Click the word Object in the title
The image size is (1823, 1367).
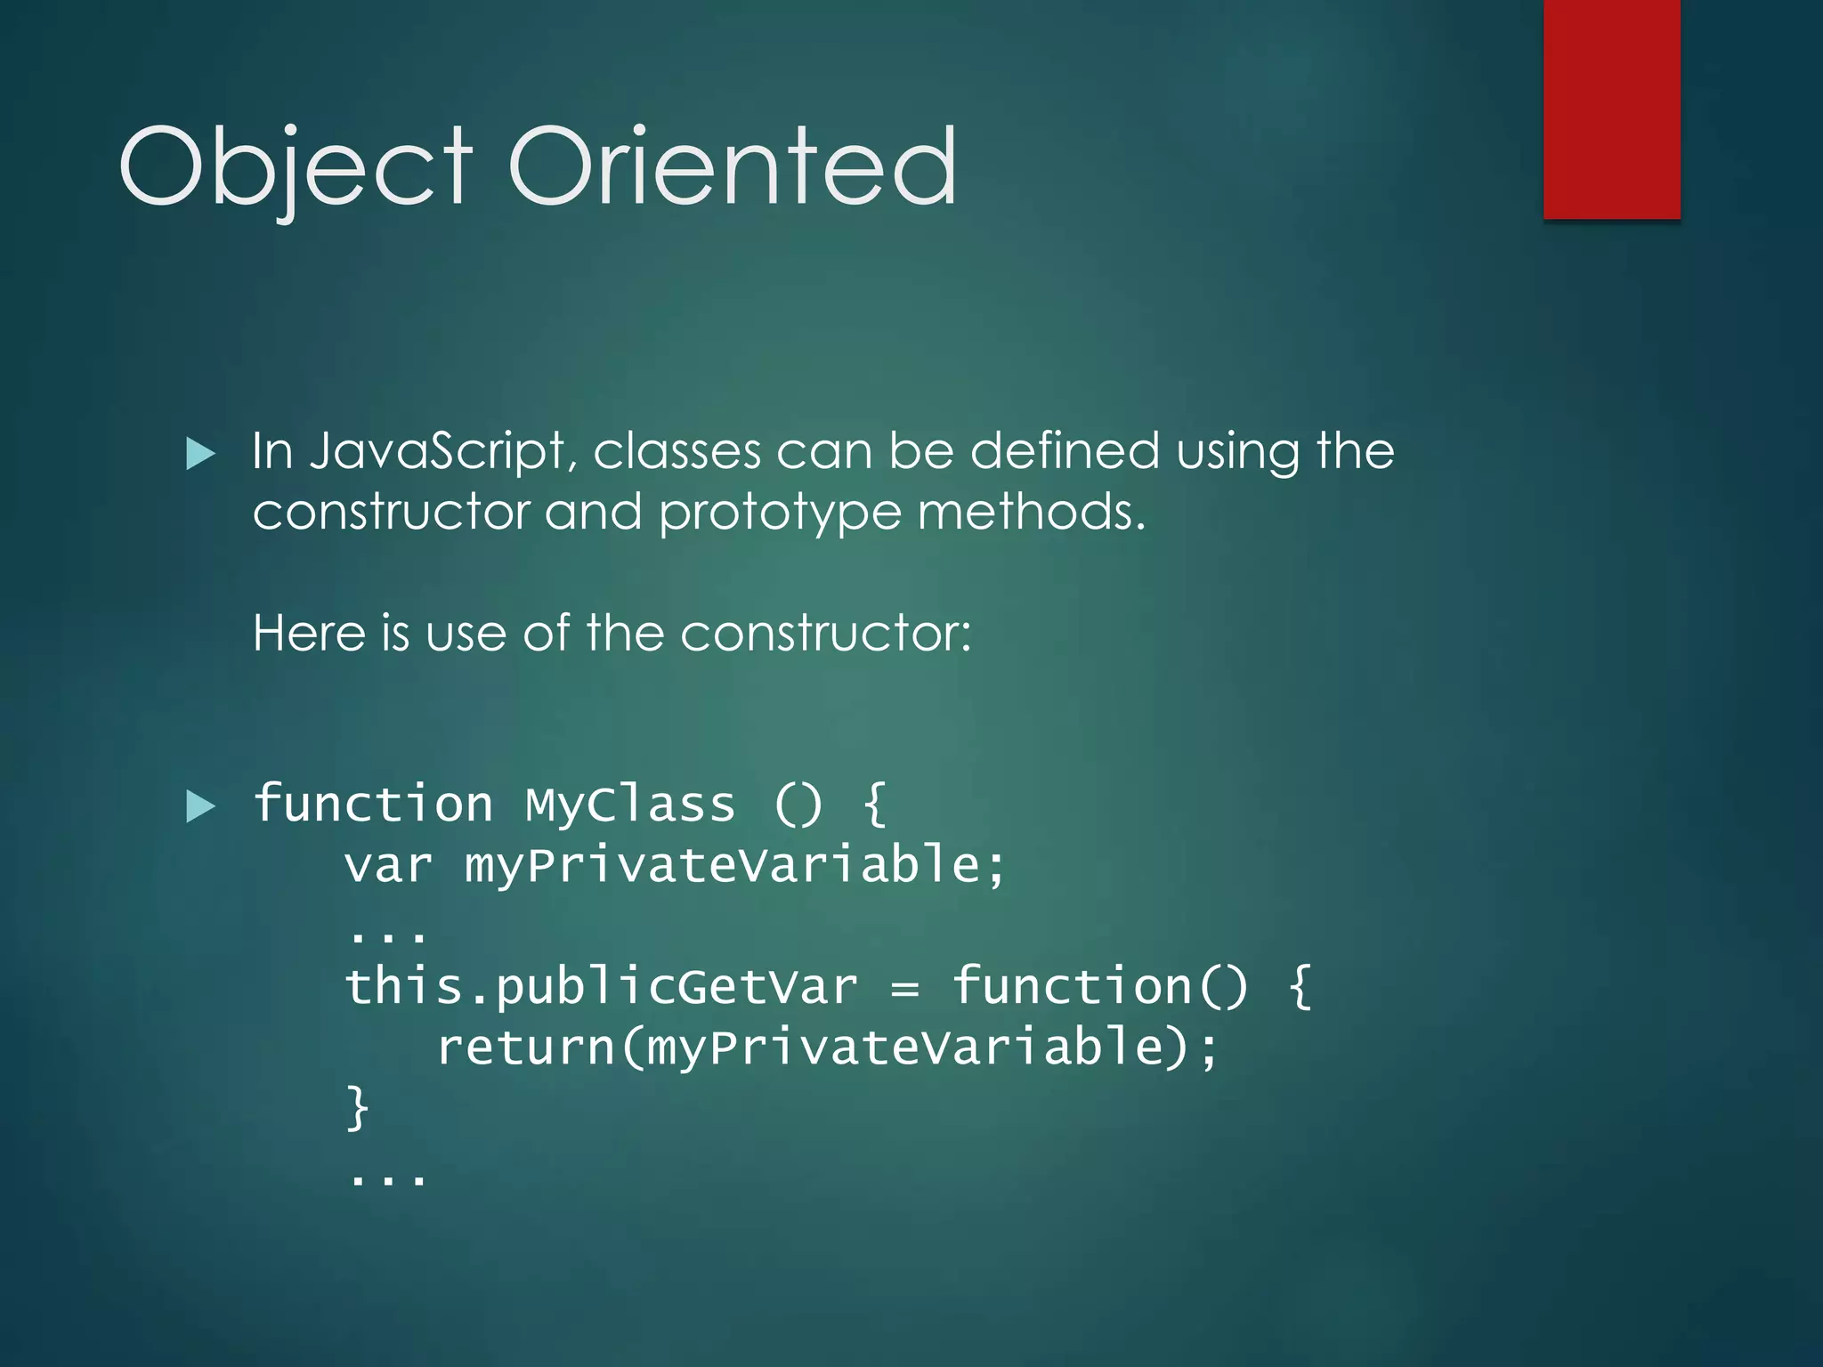tap(295, 166)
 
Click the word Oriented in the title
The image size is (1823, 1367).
tap(733, 166)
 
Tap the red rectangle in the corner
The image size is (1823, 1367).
tap(1611, 109)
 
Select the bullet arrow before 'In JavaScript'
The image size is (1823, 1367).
tap(201, 455)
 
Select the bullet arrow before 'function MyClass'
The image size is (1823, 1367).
tap(201, 807)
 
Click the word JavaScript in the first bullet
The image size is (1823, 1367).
tap(437, 451)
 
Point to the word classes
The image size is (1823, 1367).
tap(677, 451)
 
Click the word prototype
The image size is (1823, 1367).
tap(780, 514)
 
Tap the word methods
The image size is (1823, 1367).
tap(1031, 512)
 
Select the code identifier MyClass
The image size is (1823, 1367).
tap(630, 805)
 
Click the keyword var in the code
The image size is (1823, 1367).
tap(388, 865)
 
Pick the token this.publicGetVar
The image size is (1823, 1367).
tap(602, 987)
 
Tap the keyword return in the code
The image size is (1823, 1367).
tap(525, 1047)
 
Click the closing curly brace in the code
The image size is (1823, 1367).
tap(358, 1107)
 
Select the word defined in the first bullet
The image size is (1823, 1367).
tap(1065, 450)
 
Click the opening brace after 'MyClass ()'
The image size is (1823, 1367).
tap(875, 805)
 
